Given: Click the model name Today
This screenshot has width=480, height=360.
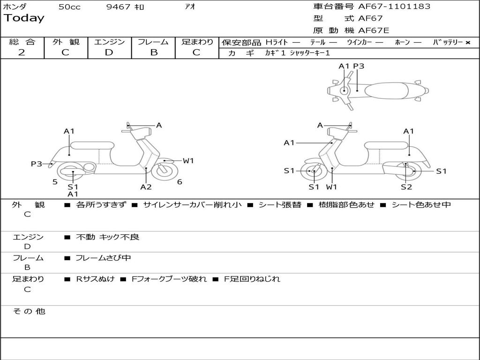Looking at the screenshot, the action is [x=24, y=18].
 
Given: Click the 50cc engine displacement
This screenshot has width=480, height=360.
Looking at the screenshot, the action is [x=69, y=7].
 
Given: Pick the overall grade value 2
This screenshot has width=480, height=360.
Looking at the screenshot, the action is [x=22, y=52].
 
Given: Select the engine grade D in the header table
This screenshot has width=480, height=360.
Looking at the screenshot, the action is [x=109, y=52].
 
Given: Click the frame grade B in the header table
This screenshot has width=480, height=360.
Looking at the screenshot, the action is [x=153, y=52].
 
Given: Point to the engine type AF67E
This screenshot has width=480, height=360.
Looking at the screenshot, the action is [x=374, y=31].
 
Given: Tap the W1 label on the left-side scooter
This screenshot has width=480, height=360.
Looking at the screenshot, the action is [x=188, y=161].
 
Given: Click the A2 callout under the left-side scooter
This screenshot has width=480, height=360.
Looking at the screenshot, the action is [x=146, y=187].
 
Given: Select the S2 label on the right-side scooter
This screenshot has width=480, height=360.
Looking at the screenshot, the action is [x=406, y=187].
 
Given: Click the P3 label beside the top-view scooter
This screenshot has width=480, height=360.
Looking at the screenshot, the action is [x=359, y=66].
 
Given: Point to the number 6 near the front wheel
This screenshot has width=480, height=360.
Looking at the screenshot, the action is [x=180, y=182].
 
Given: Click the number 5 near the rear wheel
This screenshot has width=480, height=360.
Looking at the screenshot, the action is [x=55, y=182].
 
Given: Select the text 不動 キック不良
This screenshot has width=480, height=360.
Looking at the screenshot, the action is [x=107, y=237].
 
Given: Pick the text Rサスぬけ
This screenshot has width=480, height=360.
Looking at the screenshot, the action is [x=95, y=279].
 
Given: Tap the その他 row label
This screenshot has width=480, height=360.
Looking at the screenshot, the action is [x=29, y=311].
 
